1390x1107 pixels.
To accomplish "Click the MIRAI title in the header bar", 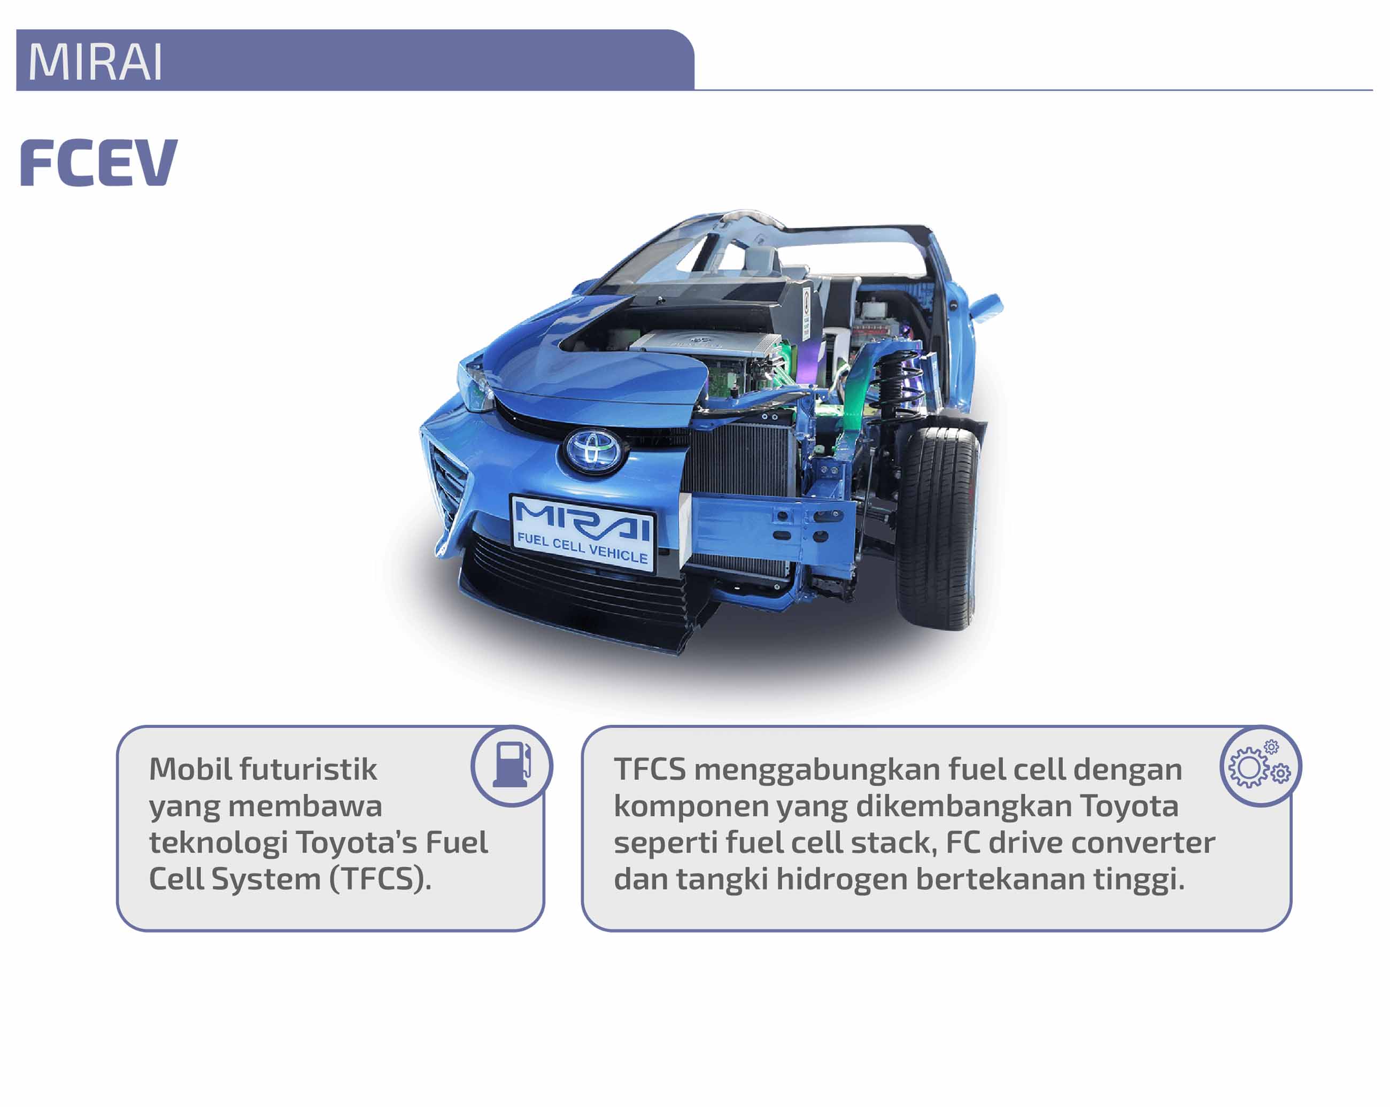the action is pos(95,62).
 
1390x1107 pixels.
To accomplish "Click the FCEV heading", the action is pos(99,163).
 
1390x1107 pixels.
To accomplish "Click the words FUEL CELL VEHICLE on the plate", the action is pos(583,548).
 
